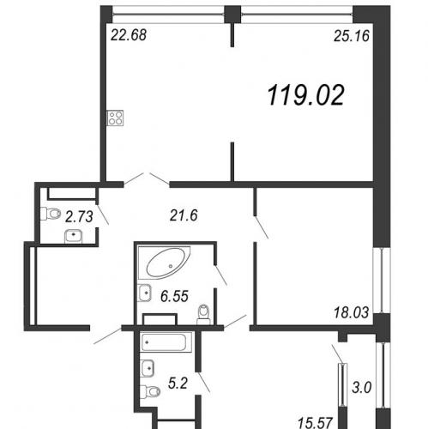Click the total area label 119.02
[x=306, y=95]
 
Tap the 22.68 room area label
[x=129, y=35]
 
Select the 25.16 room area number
[x=352, y=36]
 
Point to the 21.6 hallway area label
[x=184, y=215]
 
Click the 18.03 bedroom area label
[x=351, y=312]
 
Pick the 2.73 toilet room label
[x=79, y=216]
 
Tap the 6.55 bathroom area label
[x=174, y=296]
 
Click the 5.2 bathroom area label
[x=178, y=384]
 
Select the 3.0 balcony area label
[x=362, y=388]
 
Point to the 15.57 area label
[x=315, y=423]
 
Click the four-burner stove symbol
[x=115, y=118]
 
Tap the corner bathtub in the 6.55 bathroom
[x=164, y=263]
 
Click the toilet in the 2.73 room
[x=51, y=214]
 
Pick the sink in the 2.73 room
[x=74, y=237]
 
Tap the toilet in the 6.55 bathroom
[x=203, y=315]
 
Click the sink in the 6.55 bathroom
[x=145, y=293]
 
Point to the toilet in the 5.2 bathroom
[x=150, y=391]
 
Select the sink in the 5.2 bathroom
[x=148, y=368]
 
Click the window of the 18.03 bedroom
[x=383, y=280]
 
